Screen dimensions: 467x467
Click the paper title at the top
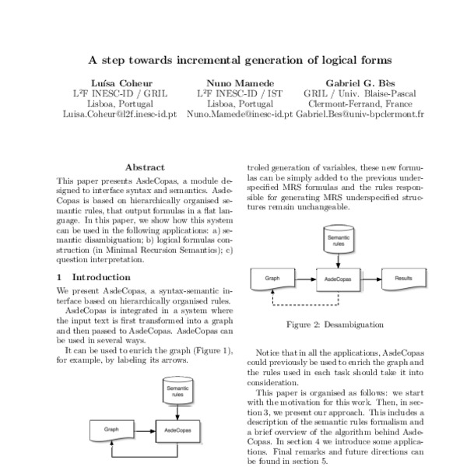pyautogui.click(x=239, y=59)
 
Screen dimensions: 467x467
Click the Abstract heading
pyautogui.click(x=144, y=167)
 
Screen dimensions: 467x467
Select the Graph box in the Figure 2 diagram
pyautogui.click(x=272, y=277)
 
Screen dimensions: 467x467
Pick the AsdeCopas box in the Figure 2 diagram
pyautogui.click(x=338, y=277)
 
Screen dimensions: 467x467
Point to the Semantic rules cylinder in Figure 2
pyautogui.click(x=338, y=238)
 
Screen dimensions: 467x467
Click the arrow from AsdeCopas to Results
pyautogui.click(x=370, y=277)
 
